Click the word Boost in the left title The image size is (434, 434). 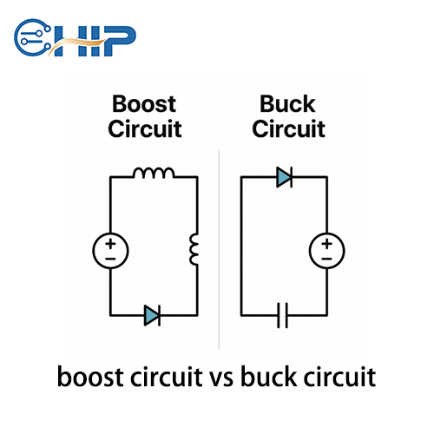point(143,106)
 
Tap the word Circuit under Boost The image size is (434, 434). point(144,129)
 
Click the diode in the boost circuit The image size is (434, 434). point(153,315)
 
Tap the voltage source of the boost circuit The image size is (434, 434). point(110,252)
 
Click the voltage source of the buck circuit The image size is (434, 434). point(326,252)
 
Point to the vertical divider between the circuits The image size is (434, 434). point(219,252)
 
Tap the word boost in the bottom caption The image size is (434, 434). point(87,378)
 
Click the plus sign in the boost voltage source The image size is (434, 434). point(110,244)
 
